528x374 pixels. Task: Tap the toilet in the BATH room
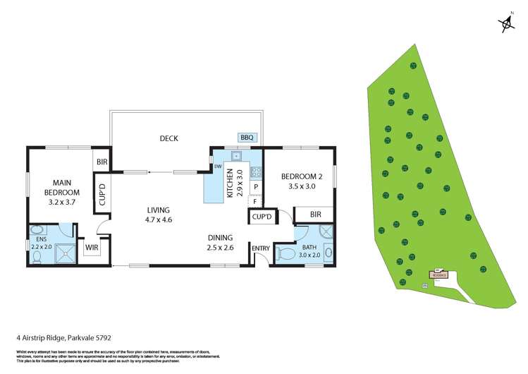(x=286, y=253)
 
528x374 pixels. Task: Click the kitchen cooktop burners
(x=255, y=171)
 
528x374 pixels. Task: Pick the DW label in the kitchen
(x=218, y=167)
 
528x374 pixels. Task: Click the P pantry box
(x=256, y=187)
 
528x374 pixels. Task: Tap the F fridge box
(x=256, y=201)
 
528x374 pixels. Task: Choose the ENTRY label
(x=260, y=248)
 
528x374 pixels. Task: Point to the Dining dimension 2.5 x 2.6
(x=221, y=247)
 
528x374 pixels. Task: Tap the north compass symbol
(x=506, y=25)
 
